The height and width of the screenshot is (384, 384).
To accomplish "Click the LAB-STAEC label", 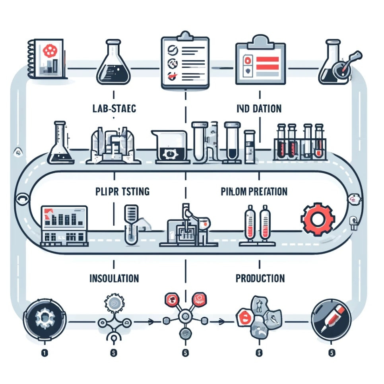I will pyautogui.click(x=114, y=109).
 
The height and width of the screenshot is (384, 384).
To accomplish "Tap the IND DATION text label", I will pyautogui.click(x=259, y=109).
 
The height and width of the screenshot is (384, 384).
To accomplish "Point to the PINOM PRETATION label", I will pyautogui.click(x=254, y=192).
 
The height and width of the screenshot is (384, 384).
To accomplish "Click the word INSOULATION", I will pyautogui.click(x=114, y=278).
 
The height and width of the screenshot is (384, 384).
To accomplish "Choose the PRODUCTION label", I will pyautogui.click(x=260, y=278).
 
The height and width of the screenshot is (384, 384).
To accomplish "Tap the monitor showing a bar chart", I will pyautogui.click(x=64, y=225).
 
